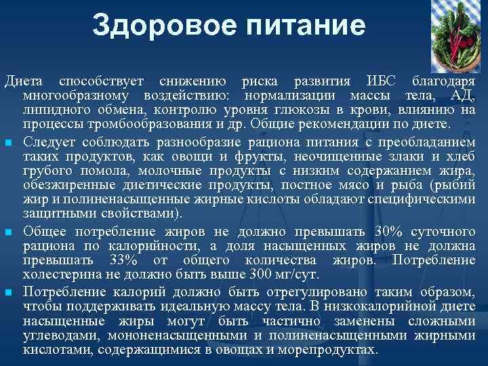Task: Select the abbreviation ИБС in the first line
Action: click(376, 81)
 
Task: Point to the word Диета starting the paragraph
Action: click(23, 81)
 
